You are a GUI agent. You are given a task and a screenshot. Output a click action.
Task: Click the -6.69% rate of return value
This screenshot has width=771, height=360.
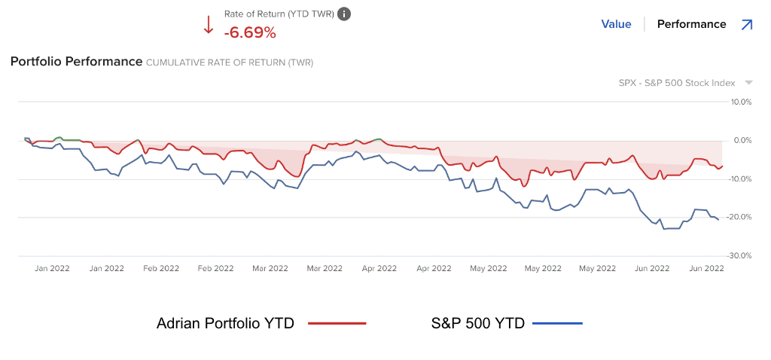point(250,32)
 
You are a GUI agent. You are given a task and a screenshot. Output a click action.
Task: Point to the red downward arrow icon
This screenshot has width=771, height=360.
point(209,25)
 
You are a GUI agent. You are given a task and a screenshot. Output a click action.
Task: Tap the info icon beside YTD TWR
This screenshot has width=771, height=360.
point(344,14)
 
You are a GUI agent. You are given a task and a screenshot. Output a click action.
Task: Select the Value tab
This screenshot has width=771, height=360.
point(616,24)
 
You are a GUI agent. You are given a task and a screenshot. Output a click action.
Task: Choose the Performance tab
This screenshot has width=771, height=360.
point(691,24)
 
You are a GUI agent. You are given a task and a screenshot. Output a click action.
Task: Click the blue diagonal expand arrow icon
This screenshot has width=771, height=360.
point(746,24)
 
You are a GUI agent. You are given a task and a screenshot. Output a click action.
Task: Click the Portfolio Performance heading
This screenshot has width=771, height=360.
point(76,61)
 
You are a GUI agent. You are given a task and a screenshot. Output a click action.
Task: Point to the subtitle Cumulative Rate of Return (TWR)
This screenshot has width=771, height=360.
point(230,63)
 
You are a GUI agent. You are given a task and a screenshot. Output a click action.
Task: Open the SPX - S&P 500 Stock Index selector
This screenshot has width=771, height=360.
point(677,83)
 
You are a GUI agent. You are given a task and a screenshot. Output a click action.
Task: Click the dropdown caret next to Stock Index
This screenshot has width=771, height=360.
point(748,83)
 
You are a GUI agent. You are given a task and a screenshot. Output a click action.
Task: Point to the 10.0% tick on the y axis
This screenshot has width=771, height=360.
point(742,102)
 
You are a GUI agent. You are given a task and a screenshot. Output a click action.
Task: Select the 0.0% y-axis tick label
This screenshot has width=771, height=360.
point(743,140)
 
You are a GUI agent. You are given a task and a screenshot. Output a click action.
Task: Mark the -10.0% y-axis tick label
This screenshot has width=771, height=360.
point(741,178)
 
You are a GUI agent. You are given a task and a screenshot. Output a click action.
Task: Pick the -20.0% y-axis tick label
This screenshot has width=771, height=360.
point(741,217)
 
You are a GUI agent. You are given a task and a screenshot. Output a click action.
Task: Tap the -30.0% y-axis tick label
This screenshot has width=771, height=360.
point(741,255)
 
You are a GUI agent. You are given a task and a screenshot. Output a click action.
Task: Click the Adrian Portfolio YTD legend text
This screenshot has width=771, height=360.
point(225,323)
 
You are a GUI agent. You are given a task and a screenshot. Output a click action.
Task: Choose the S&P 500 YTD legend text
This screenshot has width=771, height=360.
point(477,323)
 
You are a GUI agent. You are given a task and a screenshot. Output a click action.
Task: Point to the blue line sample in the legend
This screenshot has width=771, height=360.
point(557,323)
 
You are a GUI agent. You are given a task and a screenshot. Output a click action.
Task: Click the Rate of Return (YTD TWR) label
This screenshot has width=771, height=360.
point(279,14)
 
